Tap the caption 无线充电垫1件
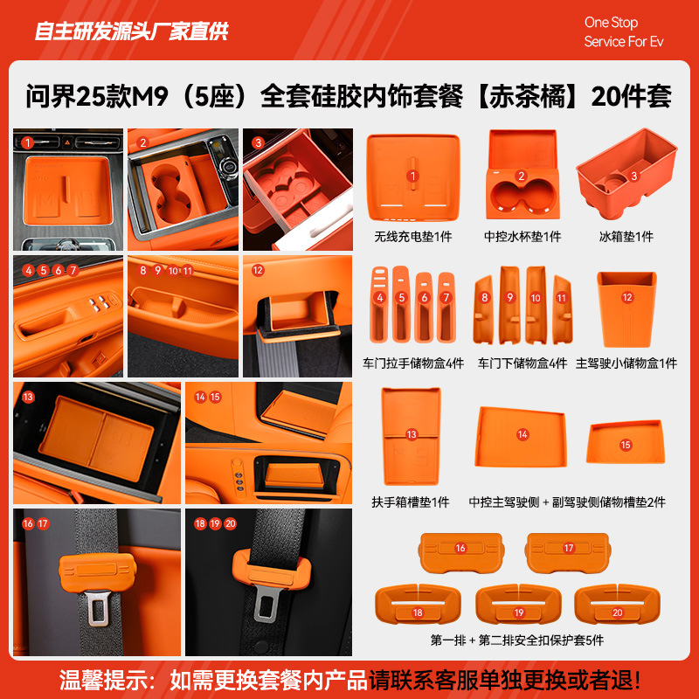(413, 237)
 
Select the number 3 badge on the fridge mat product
(634, 175)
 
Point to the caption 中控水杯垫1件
(523, 237)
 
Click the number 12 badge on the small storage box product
(626, 297)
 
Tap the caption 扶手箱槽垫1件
(411, 502)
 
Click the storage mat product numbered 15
(625, 445)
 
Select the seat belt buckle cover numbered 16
(460, 549)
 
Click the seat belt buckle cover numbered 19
(517, 612)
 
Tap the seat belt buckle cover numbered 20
(617, 612)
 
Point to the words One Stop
(611, 23)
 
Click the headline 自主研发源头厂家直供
(131, 32)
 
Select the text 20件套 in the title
(631, 96)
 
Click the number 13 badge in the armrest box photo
(28, 397)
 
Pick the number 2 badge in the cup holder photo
(143, 142)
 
